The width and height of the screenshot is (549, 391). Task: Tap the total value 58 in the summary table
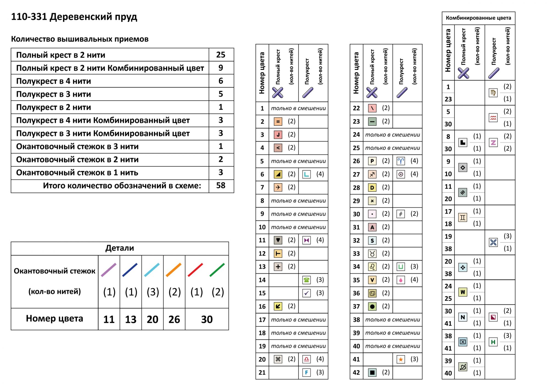[221, 186]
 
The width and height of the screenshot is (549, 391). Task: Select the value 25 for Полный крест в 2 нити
[221, 55]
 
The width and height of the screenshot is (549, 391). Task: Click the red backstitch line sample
[195, 270]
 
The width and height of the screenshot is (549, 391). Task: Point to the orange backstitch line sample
[174, 270]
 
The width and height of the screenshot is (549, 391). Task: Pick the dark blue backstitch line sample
[130, 270]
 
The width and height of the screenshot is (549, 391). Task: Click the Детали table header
[120, 248]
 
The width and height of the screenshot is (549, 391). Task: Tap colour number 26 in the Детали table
[174, 319]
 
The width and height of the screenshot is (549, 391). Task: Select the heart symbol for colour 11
[278, 241]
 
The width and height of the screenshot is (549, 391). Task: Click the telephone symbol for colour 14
[307, 280]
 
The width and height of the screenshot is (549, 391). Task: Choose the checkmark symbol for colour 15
[307, 293]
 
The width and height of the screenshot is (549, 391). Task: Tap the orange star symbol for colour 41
[401, 359]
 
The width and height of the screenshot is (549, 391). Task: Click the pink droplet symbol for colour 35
[401, 280]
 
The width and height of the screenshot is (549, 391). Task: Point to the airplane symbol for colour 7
[278, 188]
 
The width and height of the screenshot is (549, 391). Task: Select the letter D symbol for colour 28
[372, 188]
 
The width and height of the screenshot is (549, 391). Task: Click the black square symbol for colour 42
[372, 373]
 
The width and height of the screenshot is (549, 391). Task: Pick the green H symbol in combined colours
[493, 342]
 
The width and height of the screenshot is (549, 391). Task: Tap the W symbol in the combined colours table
[463, 292]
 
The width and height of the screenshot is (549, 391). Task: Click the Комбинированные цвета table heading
[478, 18]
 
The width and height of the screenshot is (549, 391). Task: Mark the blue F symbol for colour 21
[307, 373]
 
